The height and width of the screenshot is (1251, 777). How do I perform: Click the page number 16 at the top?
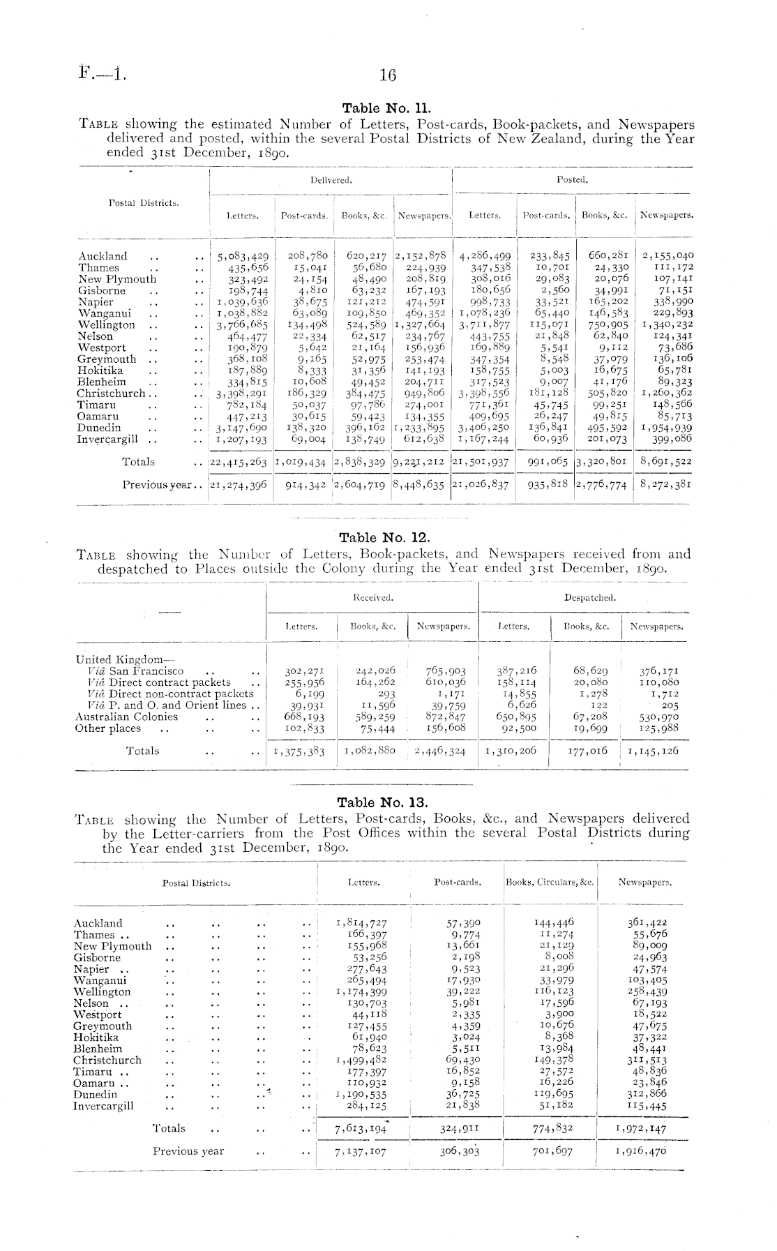(388, 75)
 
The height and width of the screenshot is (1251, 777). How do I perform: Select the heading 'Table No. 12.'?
(384, 538)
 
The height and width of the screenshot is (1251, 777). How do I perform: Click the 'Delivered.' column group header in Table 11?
(331, 180)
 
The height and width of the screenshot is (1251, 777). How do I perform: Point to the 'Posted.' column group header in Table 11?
(572, 180)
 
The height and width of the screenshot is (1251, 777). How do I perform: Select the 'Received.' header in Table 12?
(372, 598)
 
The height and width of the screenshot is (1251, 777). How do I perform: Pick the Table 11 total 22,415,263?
(239, 462)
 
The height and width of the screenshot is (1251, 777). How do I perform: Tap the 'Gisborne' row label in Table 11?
(102, 290)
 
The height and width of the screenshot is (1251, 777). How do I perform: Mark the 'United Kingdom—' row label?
(116, 659)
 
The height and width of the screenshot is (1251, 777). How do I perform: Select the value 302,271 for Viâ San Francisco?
(303, 671)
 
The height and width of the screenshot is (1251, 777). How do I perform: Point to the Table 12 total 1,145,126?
(653, 751)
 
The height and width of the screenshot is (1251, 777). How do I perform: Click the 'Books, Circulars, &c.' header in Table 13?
(550, 883)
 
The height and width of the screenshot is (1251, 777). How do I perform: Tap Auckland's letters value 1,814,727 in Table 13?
(361, 924)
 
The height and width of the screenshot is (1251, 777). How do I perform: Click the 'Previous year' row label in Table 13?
(188, 1151)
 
